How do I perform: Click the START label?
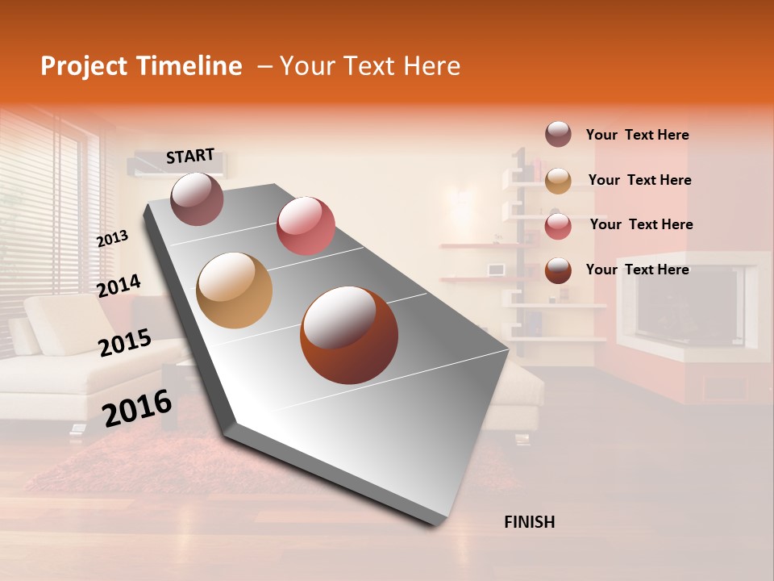tap(190, 156)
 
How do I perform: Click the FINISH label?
tap(530, 522)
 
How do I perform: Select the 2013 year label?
tap(112, 239)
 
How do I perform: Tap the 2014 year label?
tap(119, 286)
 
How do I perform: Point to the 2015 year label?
tap(124, 343)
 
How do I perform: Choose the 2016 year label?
tap(137, 408)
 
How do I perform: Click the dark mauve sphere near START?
tap(197, 199)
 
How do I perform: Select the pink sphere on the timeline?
tap(306, 225)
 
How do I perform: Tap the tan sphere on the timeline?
tap(234, 290)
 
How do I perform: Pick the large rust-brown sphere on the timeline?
tap(349, 335)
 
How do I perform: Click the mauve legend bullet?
tap(558, 134)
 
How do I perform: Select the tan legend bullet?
tap(558, 181)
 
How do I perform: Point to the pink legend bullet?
tap(558, 226)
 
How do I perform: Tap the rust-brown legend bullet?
tap(558, 270)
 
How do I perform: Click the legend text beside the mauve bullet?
tap(637, 136)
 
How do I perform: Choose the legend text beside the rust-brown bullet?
tap(637, 270)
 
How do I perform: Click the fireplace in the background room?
tap(689, 307)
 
